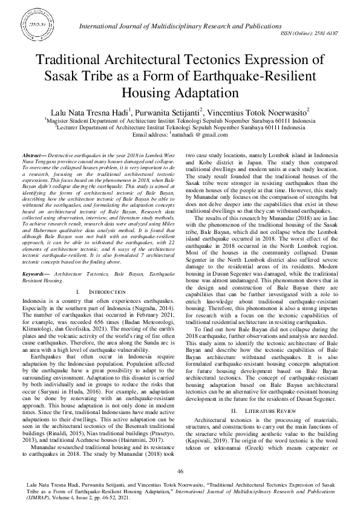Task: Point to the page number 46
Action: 180,471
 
